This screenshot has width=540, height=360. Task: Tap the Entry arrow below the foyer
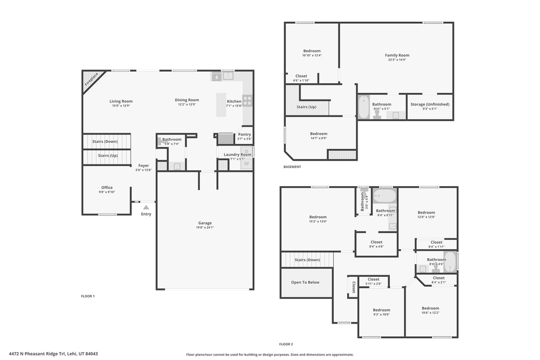(146, 207)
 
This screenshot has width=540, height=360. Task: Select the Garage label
(205, 223)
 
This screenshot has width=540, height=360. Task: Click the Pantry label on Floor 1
(244, 134)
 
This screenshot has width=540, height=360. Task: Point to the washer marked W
(246, 163)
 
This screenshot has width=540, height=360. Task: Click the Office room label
(107, 188)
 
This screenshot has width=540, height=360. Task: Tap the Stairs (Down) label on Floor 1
(105, 141)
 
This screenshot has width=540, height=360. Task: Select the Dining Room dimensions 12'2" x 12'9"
(187, 105)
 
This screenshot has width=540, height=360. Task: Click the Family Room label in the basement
(397, 55)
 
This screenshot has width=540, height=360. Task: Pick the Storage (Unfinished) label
(430, 104)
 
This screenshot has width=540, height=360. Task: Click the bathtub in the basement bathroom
(364, 108)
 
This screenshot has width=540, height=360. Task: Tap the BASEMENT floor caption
(292, 167)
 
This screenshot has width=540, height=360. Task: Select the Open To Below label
(305, 282)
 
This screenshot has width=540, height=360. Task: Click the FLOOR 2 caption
(286, 344)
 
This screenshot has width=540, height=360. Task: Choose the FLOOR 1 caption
(87, 296)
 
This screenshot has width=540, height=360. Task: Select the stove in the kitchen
(247, 100)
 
